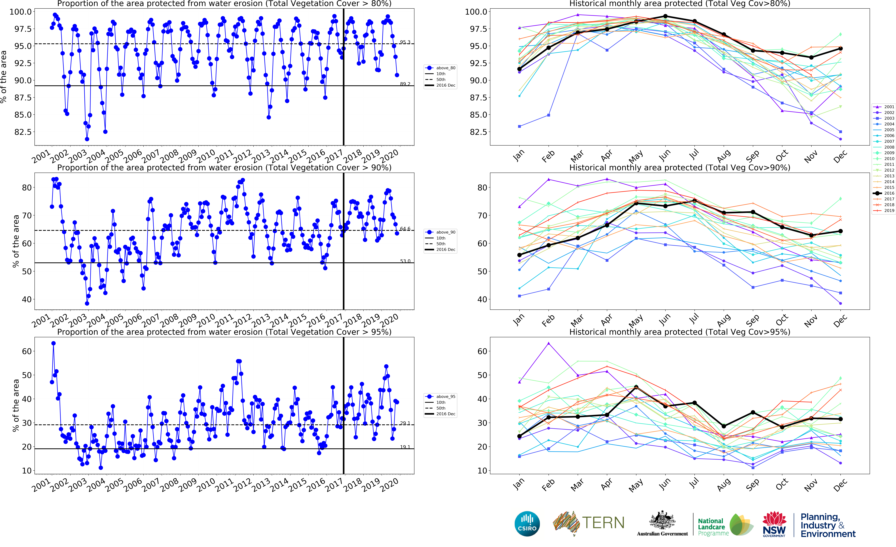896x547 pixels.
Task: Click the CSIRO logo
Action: (x=527, y=524)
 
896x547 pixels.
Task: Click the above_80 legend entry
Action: (x=441, y=68)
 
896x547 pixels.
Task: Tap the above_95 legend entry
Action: (x=441, y=397)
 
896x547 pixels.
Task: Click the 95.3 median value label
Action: (x=405, y=42)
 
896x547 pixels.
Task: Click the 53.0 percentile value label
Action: (x=405, y=261)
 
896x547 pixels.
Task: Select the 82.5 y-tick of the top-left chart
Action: (x=23, y=132)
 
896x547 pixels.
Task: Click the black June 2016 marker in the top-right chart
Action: (x=665, y=16)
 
